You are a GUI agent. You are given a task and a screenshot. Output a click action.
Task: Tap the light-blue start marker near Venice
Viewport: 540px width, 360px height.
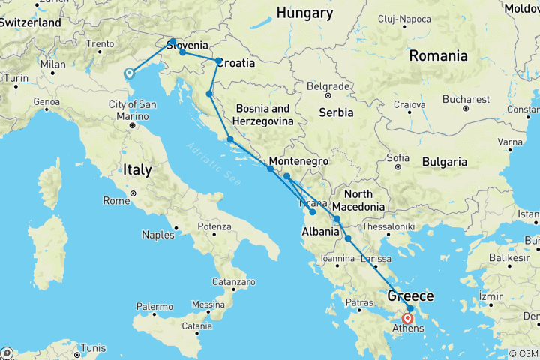click(x=129, y=73)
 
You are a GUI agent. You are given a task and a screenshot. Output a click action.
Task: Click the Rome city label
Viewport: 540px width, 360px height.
click(x=116, y=200)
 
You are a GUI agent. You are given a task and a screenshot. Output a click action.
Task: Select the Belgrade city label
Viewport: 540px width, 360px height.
click(x=328, y=85)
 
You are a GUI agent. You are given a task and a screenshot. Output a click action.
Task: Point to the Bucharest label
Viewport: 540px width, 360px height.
click(x=466, y=98)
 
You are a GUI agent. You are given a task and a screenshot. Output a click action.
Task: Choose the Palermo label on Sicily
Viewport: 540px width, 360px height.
click(x=153, y=307)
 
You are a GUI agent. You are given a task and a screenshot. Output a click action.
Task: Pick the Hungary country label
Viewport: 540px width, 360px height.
click(x=304, y=13)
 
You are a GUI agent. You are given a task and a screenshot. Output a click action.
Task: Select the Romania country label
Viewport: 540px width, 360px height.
click(x=439, y=55)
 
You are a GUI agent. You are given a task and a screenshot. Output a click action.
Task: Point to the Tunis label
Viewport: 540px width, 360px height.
click(x=93, y=347)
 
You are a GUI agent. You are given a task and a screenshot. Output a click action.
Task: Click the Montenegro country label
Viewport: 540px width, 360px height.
click(x=298, y=161)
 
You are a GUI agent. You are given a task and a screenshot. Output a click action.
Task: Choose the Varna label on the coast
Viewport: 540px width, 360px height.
click(x=511, y=142)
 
